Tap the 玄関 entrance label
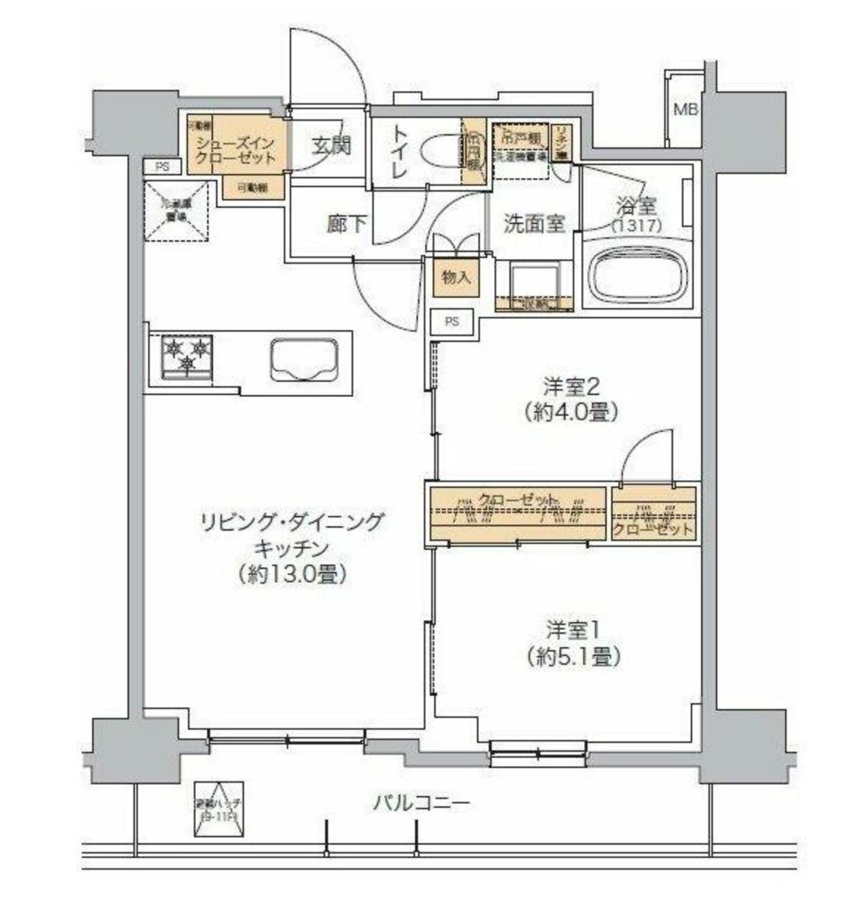(330, 146)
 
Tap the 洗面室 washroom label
(534, 224)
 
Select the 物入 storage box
(456, 277)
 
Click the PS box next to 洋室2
(452, 321)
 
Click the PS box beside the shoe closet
(162, 167)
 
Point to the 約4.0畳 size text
(571, 412)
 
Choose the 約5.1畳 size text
(573, 655)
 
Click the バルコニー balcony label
(420, 803)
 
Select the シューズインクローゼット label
(235, 150)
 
